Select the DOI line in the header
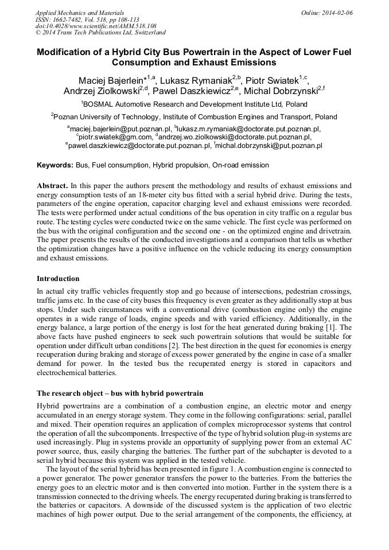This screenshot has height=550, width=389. point(96,26)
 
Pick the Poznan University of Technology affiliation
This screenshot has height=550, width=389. point(194,116)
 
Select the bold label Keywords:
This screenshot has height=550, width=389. point(55,165)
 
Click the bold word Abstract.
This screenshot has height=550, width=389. point(53,186)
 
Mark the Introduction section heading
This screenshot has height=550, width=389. point(58,279)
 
